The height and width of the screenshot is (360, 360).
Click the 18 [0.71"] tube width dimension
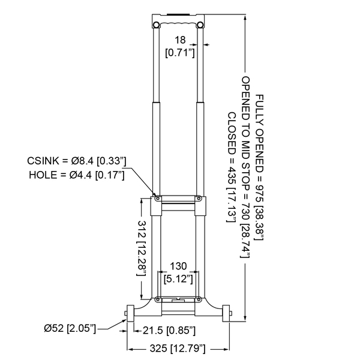pyautogui.click(x=180, y=46)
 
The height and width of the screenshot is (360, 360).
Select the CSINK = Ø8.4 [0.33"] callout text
pyautogui.click(x=77, y=161)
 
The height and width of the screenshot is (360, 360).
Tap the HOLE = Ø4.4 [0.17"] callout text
pyautogui.click(x=77, y=175)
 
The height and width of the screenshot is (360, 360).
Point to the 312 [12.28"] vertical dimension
pyautogui.click(x=142, y=248)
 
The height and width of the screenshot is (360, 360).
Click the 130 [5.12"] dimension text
pyautogui.click(x=178, y=272)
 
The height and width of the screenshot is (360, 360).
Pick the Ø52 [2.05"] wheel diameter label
pyautogui.click(x=70, y=328)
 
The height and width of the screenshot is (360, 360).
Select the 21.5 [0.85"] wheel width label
pyautogui.click(x=169, y=331)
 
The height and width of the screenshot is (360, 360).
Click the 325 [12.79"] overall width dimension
pyautogui.click(x=178, y=349)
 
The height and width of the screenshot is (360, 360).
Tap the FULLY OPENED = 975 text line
pyautogui.click(x=259, y=167)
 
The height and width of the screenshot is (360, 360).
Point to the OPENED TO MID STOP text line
pyautogui.click(x=245, y=167)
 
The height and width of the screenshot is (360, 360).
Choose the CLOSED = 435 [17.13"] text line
pyautogui.click(x=232, y=167)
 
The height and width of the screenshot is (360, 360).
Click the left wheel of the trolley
pyautogui.click(x=130, y=313)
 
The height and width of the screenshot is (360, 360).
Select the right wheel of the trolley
pyautogui.click(x=226, y=313)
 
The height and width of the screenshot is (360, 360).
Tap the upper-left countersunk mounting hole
pyautogui.click(x=158, y=198)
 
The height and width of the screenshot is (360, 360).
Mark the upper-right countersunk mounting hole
pyautogui.click(x=199, y=198)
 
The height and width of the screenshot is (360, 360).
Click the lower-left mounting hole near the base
pyautogui.click(x=158, y=299)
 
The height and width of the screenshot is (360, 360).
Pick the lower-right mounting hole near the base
pyautogui.click(x=199, y=299)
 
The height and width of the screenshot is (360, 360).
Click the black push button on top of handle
pyautogui.click(x=178, y=15)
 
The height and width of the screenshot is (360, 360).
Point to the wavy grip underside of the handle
pyautogui.click(x=178, y=23)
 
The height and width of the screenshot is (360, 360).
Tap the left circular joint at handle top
pyautogui.click(x=157, y=25)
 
